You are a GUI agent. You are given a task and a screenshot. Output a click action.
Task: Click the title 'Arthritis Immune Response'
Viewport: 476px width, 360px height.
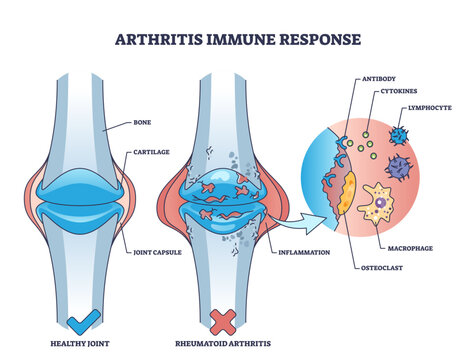(x=237, y=42)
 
